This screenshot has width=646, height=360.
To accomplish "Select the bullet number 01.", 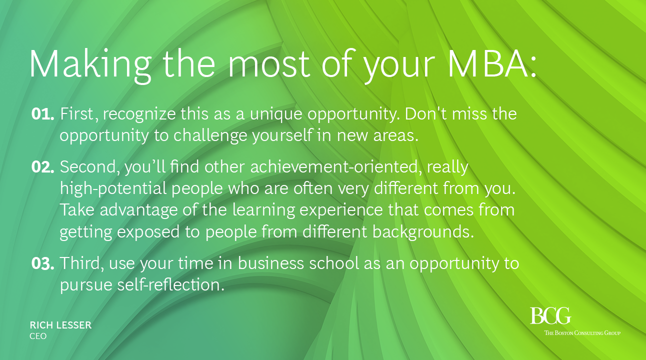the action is click(42, 114).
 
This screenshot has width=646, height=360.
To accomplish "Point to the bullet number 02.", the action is click(42, 167).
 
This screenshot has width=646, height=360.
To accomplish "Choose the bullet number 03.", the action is click(42, 263).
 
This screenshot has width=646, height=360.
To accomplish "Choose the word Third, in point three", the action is click(82, 263).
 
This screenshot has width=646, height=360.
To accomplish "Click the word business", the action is click(271, 263).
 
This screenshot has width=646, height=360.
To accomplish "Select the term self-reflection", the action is click(170, 284).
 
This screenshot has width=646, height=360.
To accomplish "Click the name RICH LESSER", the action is click(60, 325).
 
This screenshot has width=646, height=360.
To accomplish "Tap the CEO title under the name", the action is click(38, 336).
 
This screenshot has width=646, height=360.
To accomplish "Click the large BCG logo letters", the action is click(550, 316).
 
